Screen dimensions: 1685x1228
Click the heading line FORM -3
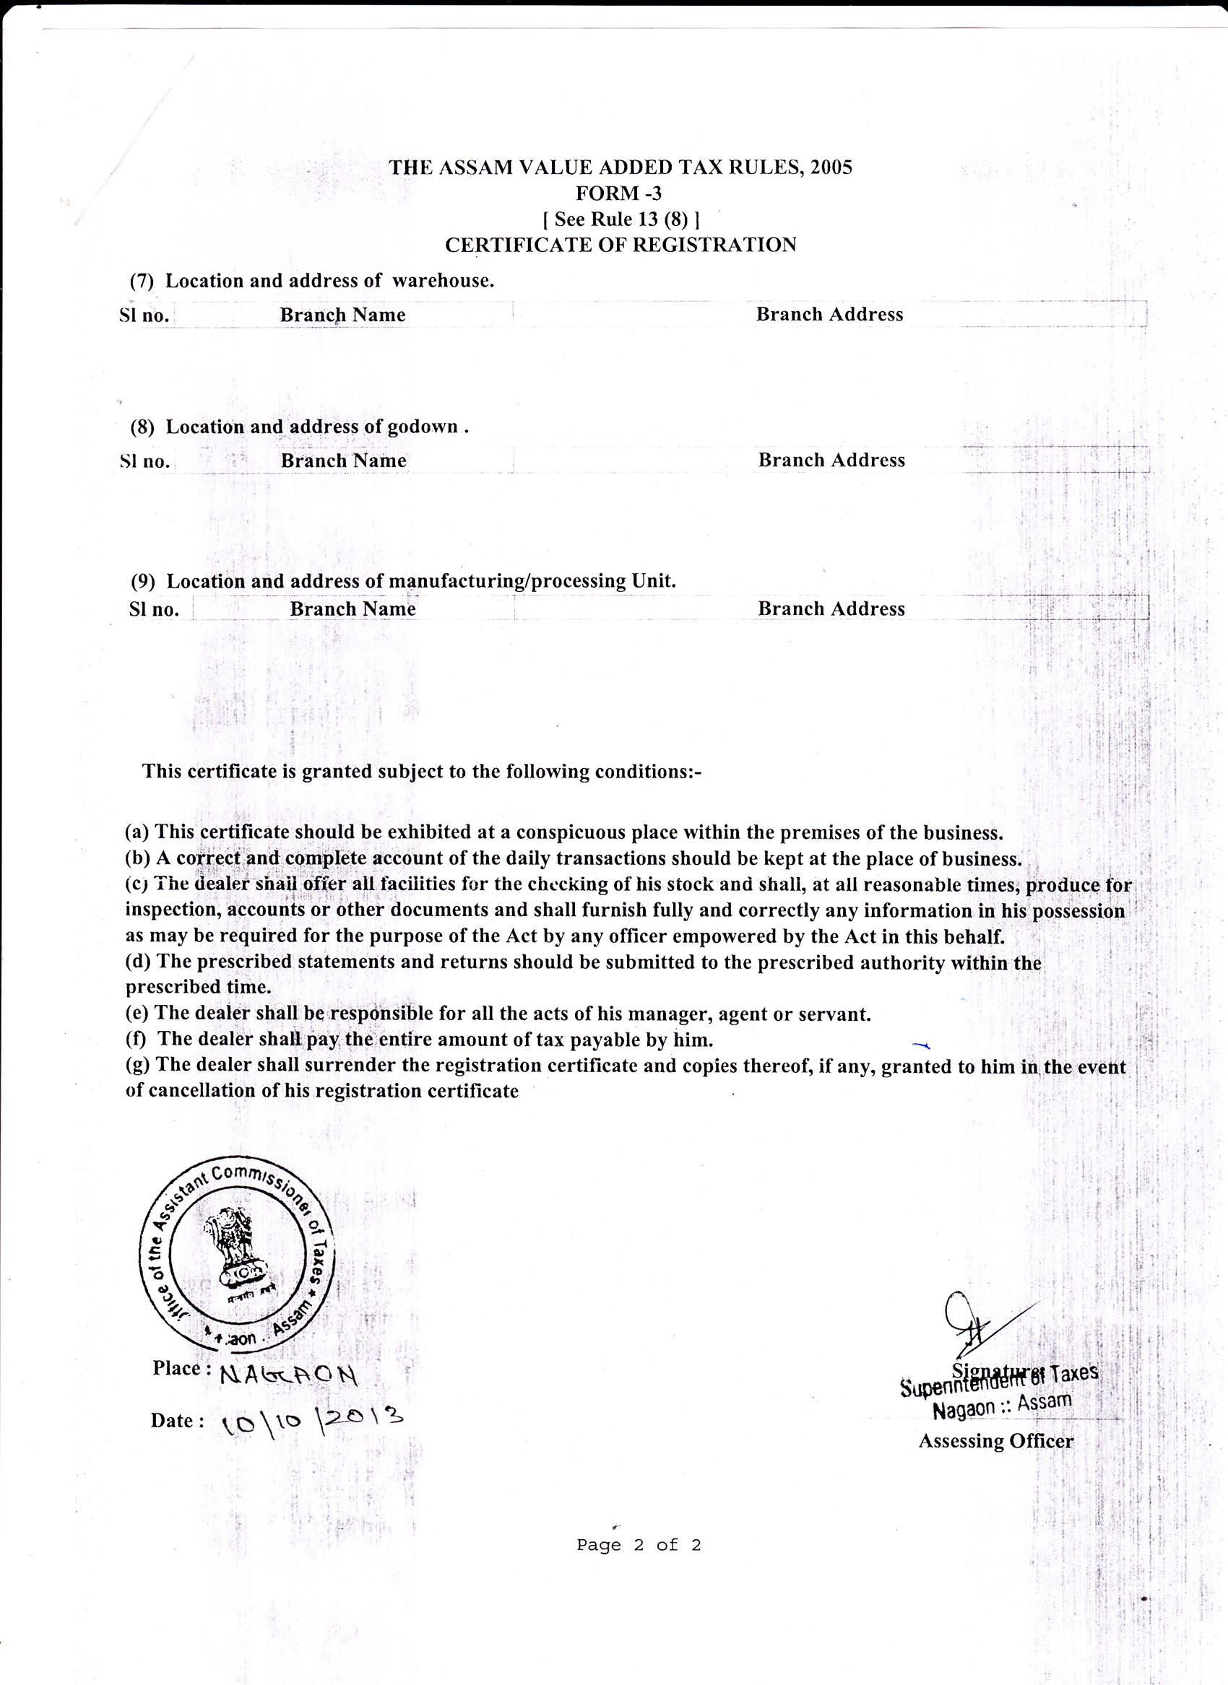click(618, 193)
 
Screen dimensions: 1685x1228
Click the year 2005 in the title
click(831, 167)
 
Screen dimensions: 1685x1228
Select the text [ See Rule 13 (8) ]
click(621, 219)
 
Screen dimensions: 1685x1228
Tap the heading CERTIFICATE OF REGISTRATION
click(621, 245)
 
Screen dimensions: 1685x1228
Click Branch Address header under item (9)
click(831, 609)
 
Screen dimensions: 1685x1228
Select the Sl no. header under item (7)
click(144, 315)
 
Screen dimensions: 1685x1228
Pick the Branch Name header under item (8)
click(343, 461)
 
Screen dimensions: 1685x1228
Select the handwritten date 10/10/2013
click(312, 1421)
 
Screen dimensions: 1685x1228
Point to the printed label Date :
click(177, 1421)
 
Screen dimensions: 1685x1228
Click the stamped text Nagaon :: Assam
click(1002, 1405)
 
